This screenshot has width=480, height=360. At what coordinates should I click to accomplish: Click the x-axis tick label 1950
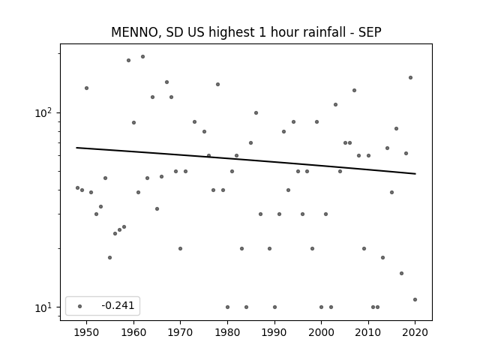click(x=87, y=332)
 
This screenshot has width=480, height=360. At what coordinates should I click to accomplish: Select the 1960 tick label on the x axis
click(x=133, y=332)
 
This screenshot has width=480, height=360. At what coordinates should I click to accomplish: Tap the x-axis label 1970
click(x=180, y=332)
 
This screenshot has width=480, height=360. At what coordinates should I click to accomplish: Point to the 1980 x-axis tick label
click(x=227, y=332)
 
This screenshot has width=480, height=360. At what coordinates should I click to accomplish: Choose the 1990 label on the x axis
click(x=274, y=332)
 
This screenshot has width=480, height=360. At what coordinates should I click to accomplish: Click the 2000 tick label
click(x=321, y=332)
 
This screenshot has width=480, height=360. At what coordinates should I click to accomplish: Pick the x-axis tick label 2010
click(x=368, y=332)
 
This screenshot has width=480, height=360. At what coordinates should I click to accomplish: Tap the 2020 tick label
click(x=415, y=332)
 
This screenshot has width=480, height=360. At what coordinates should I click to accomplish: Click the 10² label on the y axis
click(x=43, y=113)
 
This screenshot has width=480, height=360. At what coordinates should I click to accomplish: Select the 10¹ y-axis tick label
click(x=43, y=307)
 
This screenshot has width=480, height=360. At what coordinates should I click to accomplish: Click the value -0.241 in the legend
click(x=118, y=305)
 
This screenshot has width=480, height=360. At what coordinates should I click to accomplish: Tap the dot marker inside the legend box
click(x=80, y=306)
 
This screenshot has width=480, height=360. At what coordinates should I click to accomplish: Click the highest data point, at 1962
click(x=142, y=57)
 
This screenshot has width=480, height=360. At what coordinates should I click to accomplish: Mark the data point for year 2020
click(x=415, y=300)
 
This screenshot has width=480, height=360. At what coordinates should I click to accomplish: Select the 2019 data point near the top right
click(x=410, y=78)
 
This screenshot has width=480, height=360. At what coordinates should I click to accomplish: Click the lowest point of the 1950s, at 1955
click(x=110, y=258)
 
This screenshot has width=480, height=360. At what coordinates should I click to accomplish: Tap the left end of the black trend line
click(x=76, y=148)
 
